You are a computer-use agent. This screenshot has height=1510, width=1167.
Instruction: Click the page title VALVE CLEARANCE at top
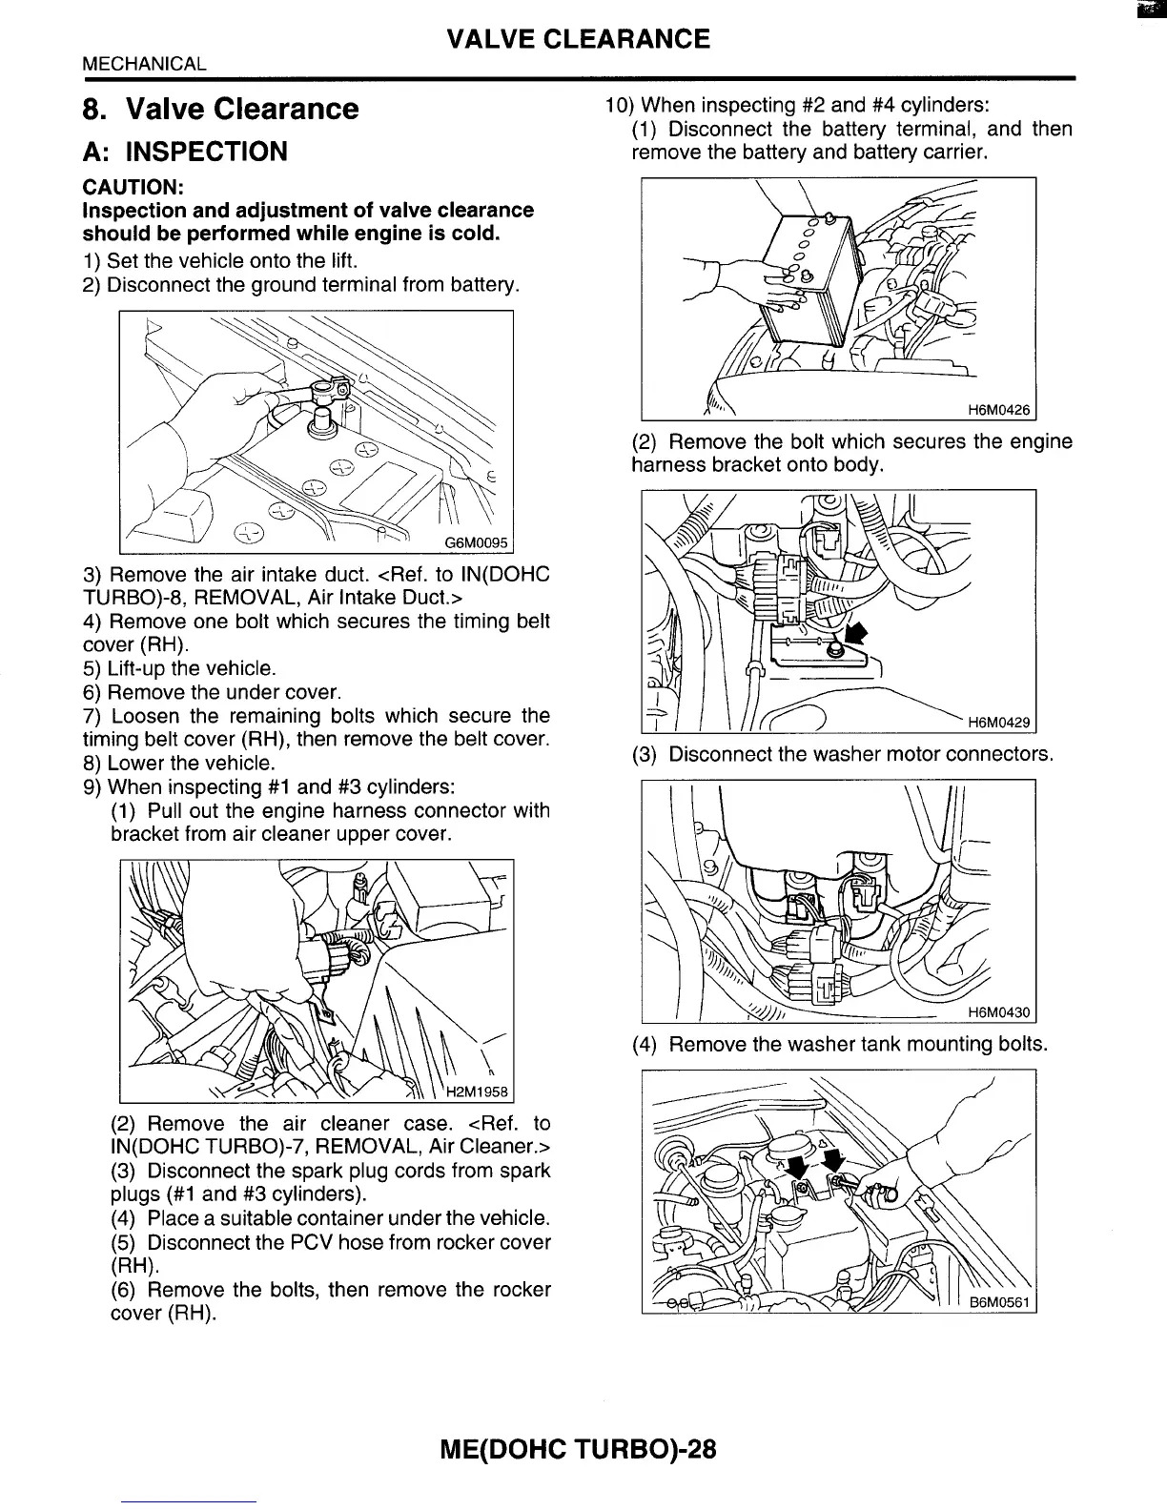click(578, 39)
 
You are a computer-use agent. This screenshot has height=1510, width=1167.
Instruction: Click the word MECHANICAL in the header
click(144, 65)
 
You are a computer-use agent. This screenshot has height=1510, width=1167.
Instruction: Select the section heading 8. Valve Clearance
click(220, 109)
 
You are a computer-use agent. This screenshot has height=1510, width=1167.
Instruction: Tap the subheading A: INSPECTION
click(185, 152)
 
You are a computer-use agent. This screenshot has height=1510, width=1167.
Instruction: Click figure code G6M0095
click(477, 543)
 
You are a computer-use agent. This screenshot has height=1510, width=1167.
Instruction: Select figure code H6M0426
click(998, 411)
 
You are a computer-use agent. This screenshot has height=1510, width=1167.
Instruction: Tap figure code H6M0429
click(998, 724)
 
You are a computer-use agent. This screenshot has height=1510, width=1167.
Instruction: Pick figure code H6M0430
click(998, 1013)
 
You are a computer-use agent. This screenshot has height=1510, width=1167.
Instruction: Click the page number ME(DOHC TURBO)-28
click(578, 1450)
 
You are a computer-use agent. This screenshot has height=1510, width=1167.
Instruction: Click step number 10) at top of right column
click(620, 105)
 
